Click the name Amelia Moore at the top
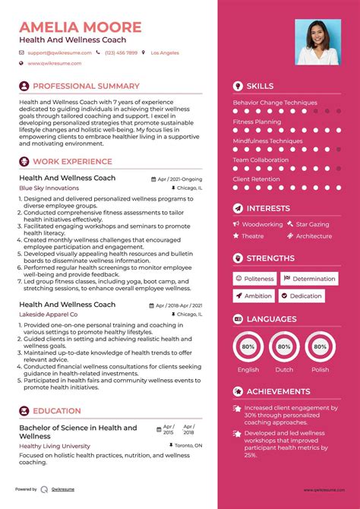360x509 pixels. pyautogui.click(x=81, y=27)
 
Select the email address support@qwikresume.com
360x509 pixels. pyautogui.click(x=60, y=52)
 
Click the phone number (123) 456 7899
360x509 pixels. pyautogui.click(x=122, y=52)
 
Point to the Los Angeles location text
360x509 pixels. pyautogui.click(x=165, y=52)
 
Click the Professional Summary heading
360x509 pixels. pyautogui.click(x=86, y=87)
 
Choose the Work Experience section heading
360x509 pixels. pyautogui.click(x=72, y=162)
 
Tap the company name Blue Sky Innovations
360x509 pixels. pyautogui.click(x=49, y=188)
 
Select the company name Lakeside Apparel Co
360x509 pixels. pyautogui.click(x=49, y=314)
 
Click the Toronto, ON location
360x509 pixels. pyautogui.click(x=188, y=446)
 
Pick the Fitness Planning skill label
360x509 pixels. pyautogui.click(x=257, y=122)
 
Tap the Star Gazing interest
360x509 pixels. pyautogui.click(x=312, y=224)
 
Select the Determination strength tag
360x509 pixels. pyautogui.click(x=314, y=279)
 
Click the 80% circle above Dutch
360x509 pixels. pyautogui.click(x=284, y=346)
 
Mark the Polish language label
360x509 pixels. pyautogui.click(x=320, y=370)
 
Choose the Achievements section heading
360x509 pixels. pyautogui.click(x=278, y=391)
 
